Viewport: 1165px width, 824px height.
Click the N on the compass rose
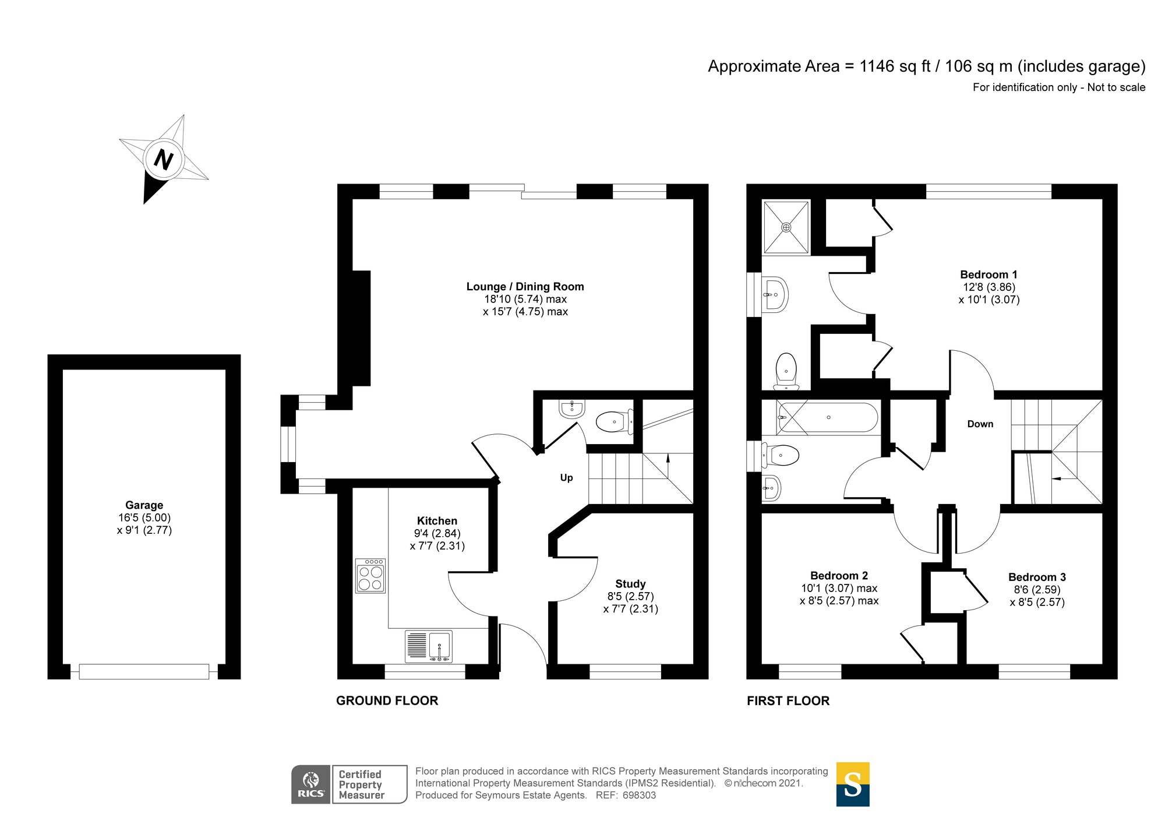tap(164, 159)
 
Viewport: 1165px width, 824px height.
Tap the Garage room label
tap(144, 505)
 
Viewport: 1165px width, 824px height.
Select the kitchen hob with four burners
tap(370, 576)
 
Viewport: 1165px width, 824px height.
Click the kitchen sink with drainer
tap(429, 647)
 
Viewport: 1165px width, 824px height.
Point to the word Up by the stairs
tap(566, 478)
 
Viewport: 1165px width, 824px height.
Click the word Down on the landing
tap(980, 424)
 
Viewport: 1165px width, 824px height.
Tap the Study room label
tap(630, 584)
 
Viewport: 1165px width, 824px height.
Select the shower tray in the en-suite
tap(786, 227)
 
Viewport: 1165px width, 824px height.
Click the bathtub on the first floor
tap(828, 418)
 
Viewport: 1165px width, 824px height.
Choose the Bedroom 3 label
tap(1037, 577)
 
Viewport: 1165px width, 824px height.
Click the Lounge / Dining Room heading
tap(525, 287)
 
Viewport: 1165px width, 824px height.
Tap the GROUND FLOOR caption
tap(387, 700)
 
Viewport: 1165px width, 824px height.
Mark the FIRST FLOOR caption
tap(788, 700)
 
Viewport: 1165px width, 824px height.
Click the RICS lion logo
tap(311, 784)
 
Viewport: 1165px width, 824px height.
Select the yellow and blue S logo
tap(853, 784)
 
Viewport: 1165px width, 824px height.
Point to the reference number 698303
tap(639, 795)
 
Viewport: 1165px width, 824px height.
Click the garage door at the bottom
tap(144, 672)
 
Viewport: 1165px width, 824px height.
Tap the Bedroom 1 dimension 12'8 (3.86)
tap(989, 287)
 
